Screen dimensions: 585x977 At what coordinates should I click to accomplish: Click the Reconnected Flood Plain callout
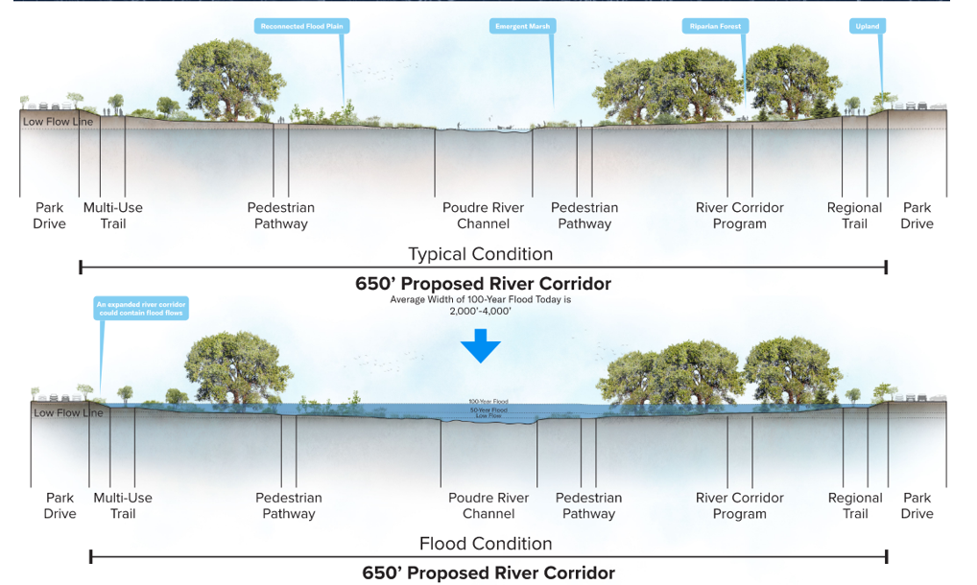(x=301, y=27)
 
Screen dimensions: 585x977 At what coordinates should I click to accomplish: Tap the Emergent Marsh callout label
(x=523, y=27)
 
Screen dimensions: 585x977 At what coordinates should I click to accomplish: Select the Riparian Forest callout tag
(x=715, y=27)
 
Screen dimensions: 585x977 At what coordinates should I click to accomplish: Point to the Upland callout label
(x=867, y=27)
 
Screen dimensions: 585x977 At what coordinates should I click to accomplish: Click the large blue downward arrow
(x=481, y=346)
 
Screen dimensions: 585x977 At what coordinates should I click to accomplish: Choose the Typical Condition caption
(x=481, y=254)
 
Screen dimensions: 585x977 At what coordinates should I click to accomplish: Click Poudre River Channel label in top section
(x=483, y=216)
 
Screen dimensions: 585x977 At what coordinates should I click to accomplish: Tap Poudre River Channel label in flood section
(x=488, y=505)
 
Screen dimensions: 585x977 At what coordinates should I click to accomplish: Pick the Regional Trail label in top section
(x=854, y=216)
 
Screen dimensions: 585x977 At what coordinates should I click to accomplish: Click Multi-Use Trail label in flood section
(x=123, y=505)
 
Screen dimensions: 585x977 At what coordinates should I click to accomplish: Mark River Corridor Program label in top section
(x=739, y=216)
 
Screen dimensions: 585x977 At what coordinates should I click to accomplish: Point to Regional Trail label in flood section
(x=855, y=505)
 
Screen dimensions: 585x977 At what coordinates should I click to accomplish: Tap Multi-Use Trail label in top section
(x=113, y=216)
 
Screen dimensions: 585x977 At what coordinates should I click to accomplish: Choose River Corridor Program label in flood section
(x=739, y=505)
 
